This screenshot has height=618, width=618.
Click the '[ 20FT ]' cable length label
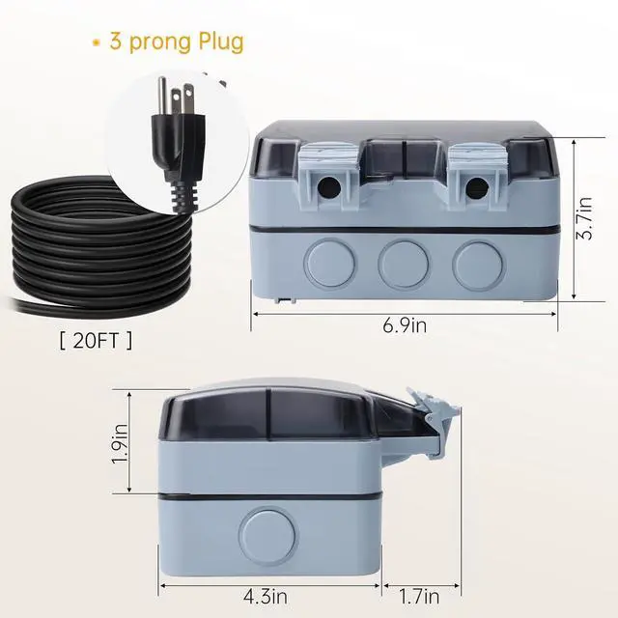pyautogui.click(x=97, y=340)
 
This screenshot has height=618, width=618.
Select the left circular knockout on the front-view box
pyautogui.click(x=327, y=262)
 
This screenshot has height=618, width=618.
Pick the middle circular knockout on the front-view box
pyautogui.click(x=401, y=262)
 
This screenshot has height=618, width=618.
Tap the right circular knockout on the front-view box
pyautogui.click(x=474, y=262)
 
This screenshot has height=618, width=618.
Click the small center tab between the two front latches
pyautogui.click(x=401, y=154)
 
